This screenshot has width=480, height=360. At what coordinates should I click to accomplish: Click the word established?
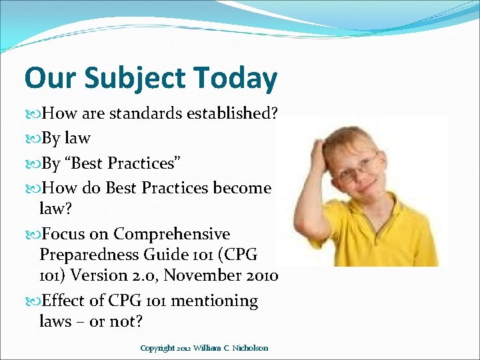233,113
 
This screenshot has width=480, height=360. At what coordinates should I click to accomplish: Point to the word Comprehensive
171,234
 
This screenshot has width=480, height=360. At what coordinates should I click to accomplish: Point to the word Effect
64,301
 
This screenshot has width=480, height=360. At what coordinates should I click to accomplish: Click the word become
242,188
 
